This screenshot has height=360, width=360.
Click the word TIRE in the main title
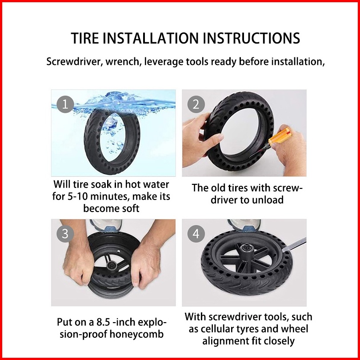[85, 38]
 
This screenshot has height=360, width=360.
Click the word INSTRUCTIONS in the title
[252, 38]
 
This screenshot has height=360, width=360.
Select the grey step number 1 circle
[65, 104]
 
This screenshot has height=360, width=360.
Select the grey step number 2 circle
[196, 104]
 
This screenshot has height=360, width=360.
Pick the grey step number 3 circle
[65, 234]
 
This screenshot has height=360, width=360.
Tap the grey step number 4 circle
[196, 234]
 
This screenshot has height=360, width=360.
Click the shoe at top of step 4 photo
[244, 225]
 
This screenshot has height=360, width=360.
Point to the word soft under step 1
[130, 208]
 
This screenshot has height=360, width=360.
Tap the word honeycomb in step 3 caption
[136, 334]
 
